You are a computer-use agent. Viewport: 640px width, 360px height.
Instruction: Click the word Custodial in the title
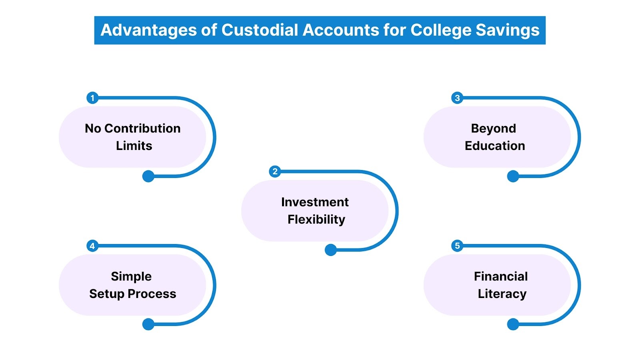tap(260, 30)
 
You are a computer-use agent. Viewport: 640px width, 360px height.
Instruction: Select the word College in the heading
tap(441, 30)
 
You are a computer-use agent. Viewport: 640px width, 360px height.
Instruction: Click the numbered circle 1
tap(92, 98)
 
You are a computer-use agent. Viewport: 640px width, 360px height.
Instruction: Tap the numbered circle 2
tap(275, 172)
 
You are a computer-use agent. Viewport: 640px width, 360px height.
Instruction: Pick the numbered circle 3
tap(457, 98)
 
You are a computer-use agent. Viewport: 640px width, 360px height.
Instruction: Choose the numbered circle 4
tap(92, 246)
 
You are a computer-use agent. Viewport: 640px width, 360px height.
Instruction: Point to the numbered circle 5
tap(457, 246)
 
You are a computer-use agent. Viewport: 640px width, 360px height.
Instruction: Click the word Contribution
tap(142, 128)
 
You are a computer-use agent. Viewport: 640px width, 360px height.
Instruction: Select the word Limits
tap(134, 146)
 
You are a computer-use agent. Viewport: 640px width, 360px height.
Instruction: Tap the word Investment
tap(315, 202)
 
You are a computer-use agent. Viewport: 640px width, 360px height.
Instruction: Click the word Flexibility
tap(316, 220)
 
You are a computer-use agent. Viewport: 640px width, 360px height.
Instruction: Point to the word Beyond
tap(493, 128)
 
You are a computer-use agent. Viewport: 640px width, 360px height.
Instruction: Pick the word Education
tap(495, 146)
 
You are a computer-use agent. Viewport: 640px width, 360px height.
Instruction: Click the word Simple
tap(131, 276)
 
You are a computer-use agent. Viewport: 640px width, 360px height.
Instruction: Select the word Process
tap(152, 294)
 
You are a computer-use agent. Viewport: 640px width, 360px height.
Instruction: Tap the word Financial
tap(501, 276)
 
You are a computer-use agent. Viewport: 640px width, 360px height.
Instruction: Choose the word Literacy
tap(502, 294)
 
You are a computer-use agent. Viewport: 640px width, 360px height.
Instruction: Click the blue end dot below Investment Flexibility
tap(331, 250)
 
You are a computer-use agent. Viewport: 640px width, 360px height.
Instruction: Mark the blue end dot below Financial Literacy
tap(513, 324)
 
